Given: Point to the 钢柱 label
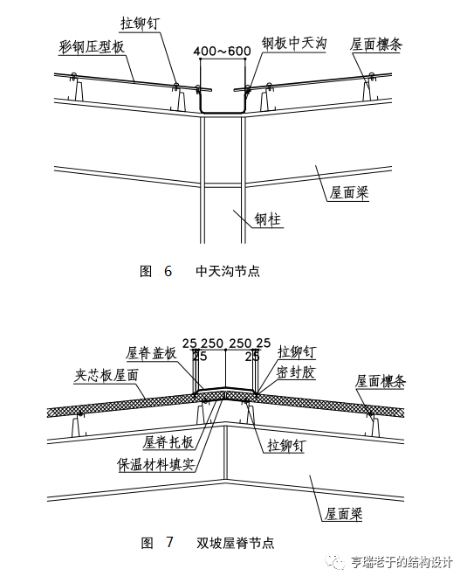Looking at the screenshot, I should [268, 219].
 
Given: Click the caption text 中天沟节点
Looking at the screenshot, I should [229, 271].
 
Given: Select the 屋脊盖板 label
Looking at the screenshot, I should [151, 353].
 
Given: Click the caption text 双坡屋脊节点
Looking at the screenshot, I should [236, 544].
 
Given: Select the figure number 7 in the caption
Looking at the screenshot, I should [169, 544].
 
